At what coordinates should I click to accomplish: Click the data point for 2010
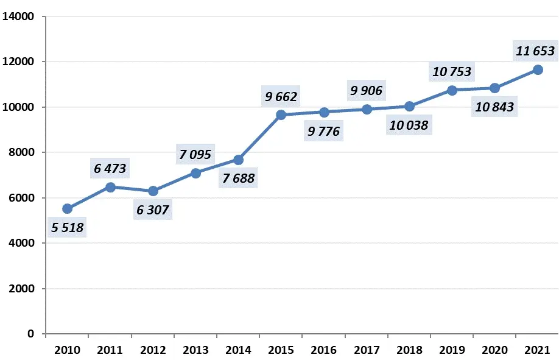point(67,209)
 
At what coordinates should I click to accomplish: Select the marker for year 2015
point(281,115)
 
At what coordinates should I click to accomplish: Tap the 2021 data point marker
point(538,69)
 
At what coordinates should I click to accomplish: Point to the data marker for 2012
point(153,191)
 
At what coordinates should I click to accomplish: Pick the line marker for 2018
point(409,106)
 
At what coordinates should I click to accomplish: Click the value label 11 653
point(535,51)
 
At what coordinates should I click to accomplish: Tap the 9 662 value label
point(281,95)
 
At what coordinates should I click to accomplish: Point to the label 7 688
point(238,178)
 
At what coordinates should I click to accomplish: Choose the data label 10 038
point(408,126)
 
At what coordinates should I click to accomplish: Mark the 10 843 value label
point(494,108)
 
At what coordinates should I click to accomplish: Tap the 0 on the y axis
point(30,334)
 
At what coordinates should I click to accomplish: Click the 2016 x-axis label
point(324,350)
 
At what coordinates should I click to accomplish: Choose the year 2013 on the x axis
point(195,350)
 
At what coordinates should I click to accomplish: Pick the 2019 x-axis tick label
point(452,350)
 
